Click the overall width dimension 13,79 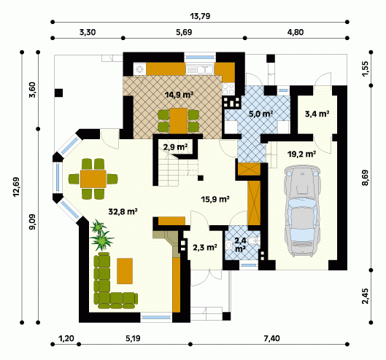pyautogui.click(x=200, y=16)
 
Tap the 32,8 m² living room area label pyautogui.click(x=123, y=211)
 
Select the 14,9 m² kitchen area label pyautogui.click(x=179, y=95)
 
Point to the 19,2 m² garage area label pyautogui.click(x=301, y=154)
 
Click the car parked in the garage pyautogui.click(x=302, y=211)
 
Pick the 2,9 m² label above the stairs pyautogui.click(x=175, y=147)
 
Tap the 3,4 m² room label pyautogui.click(x=317, y=114)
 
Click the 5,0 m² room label pyautogui.click(x=261, y=114)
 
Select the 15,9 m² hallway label pyautogui.click(x=215, y=199)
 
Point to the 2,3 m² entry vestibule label pyautogui.click(x=205, y=247)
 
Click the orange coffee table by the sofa pyautogui.click(x=125, y=271)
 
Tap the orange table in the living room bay pyautogui.click(x=93, y=179)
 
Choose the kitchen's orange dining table pyautogui.click(x=179, y=121)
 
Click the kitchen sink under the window pyautogui.click(x=200, y=69)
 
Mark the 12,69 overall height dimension pyautogui.click(x=16, y=187)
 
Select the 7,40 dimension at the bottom pyautogui.click(x=271, y=339)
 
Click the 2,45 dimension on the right pyautogui.click(x=366, y=296)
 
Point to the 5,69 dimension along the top pyautogui.click(x=184, y=32)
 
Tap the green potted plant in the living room pyautogui.click(x=101, y=235)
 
